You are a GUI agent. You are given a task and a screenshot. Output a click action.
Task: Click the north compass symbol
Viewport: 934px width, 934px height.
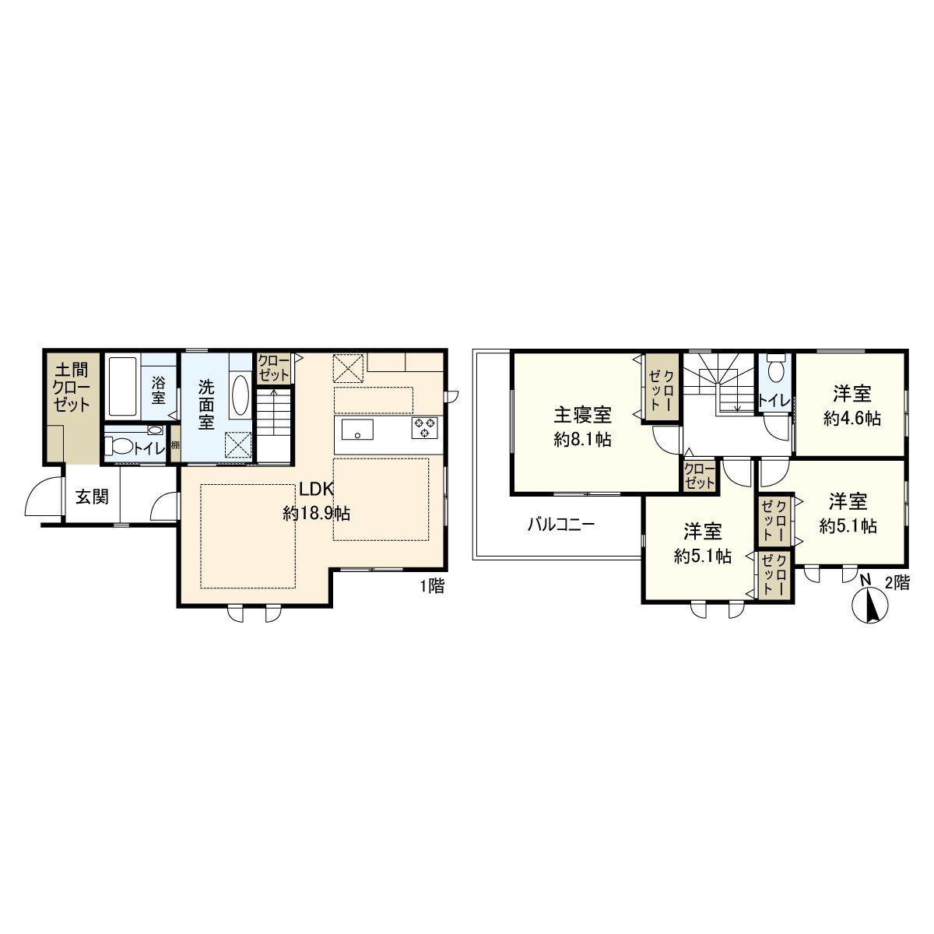pos(870,605)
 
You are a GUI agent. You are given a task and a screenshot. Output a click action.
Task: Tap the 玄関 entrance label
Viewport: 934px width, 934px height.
pos(92,497)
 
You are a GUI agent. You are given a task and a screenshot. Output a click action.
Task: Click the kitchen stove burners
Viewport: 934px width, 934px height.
pos(425,427)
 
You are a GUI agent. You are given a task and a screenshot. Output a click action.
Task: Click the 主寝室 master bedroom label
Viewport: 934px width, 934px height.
pos(583,415)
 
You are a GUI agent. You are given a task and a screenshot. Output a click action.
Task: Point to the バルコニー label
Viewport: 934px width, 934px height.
pos(560,525)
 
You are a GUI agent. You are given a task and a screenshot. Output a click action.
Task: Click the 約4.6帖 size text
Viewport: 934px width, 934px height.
pos(851,418)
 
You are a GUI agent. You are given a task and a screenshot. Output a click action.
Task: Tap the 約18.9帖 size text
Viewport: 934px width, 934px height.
pos(317,513)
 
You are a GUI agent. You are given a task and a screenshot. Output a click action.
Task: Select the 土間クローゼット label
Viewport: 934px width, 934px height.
pos(72,388)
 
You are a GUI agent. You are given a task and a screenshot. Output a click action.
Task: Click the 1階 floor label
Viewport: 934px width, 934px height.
pos(432,586)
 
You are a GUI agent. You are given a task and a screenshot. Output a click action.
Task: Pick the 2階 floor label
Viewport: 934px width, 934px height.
pos(897,582)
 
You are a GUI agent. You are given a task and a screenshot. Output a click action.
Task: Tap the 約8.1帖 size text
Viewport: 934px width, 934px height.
pos(583,440)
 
